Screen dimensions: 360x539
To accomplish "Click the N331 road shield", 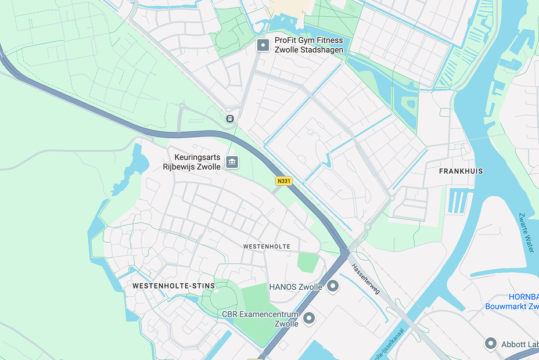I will pos(283,181).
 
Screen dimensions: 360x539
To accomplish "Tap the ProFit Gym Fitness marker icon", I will pos(263,45).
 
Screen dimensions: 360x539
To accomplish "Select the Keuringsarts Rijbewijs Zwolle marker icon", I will pos(232,161).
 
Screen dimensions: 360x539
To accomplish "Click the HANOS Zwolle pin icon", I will pos(333,286).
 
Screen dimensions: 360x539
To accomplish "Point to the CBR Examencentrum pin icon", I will pos(309,318).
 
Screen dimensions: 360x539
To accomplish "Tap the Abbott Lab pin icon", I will pos(491,344).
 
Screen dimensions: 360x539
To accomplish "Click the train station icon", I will pos(230,118).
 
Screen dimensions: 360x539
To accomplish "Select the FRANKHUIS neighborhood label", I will pos(461,171).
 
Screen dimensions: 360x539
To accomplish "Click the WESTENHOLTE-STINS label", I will pos(174,286).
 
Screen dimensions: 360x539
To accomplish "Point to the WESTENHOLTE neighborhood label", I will pos(267,247).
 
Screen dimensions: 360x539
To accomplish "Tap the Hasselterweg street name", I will pos(365,278).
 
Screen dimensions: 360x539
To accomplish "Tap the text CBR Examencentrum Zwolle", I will pos(260,319).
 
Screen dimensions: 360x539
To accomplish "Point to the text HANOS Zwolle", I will pos(296,287).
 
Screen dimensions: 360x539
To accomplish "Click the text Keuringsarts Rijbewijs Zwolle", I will pos(192,162).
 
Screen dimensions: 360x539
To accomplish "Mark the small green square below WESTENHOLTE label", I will pos(308,262).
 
